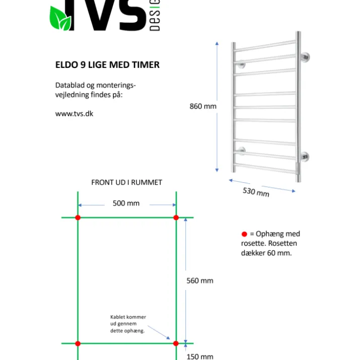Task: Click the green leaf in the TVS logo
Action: tap(60, 18)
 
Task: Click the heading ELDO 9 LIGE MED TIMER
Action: tap(107, 65)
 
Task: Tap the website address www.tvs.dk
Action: tap(74, 114)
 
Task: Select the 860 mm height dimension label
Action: tap(203, 106)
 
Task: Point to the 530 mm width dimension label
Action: tap(256, 192)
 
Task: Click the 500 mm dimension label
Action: tap(126, 203)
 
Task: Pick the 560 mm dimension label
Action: tap(200, 280)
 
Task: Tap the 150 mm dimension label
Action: tap(200, 356)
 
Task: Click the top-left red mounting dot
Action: tap(78, 218)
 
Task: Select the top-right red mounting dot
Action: tap(176, 218)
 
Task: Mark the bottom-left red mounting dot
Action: tap(78, 343)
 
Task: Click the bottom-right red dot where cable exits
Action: tap(176, 343)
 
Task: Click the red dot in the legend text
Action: tap(244, 234)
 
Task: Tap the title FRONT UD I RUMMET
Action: tap(127, 183)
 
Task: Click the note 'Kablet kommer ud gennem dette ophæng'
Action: tap(128, 324)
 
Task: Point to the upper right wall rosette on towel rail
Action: tap(305, 57)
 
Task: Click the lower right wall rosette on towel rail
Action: tap(305, 157)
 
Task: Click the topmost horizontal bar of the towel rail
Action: tap(265, 46)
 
